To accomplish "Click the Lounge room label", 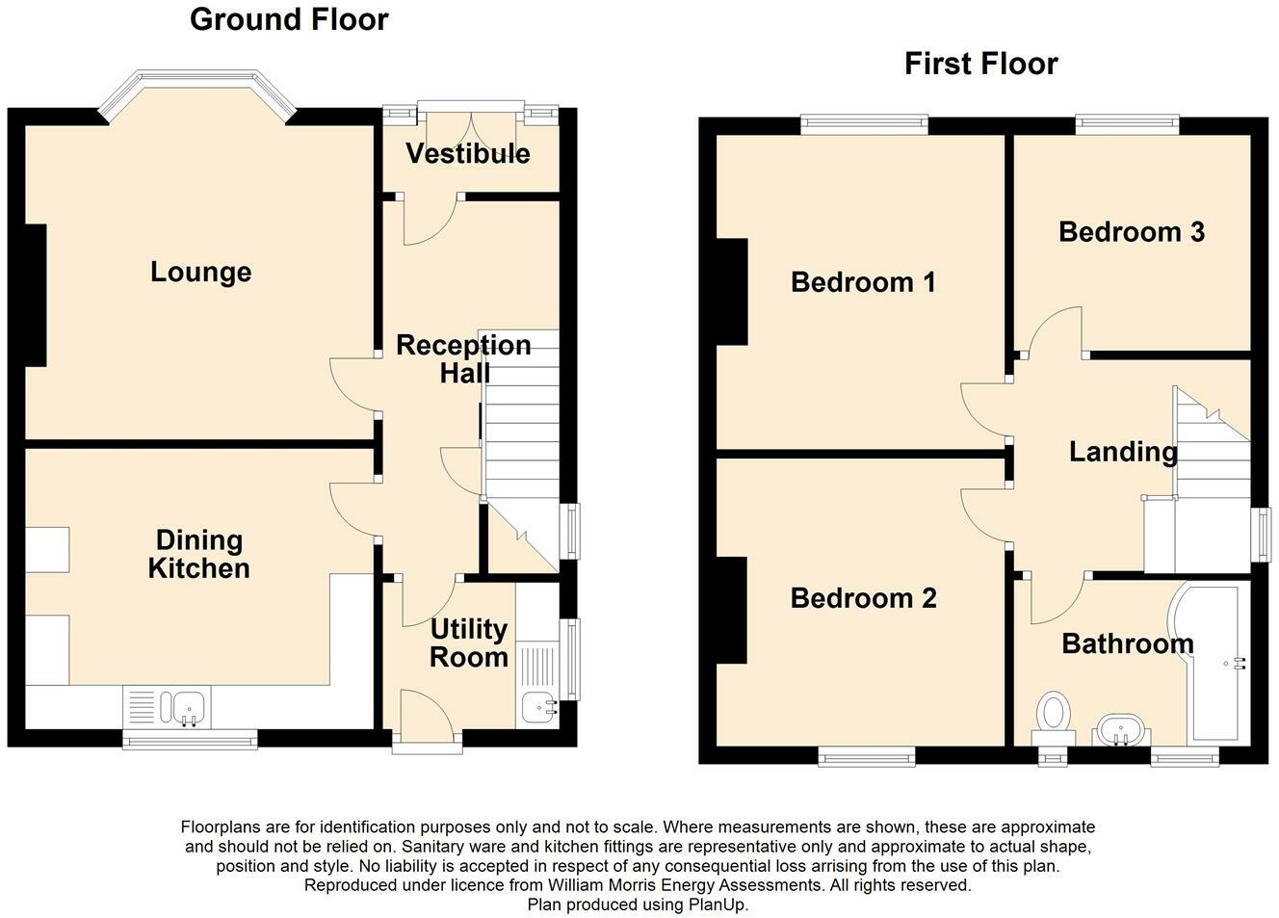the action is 201,273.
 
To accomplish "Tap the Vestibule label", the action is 468,154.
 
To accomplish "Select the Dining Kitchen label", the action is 199,554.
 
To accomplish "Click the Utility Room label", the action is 469,643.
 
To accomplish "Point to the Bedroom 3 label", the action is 1132,232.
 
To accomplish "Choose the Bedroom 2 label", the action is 863,598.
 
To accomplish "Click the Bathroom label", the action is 1128,643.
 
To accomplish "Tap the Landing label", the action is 1123,452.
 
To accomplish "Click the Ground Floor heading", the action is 289,19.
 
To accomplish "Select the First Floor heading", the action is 981,64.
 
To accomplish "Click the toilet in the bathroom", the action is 1054,718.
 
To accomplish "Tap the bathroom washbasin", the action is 1121,729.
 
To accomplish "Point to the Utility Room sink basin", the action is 537,708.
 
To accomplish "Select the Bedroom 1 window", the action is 864,124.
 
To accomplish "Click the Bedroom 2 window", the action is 867,756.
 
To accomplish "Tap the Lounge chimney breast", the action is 36,295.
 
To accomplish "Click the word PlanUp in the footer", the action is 718,905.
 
